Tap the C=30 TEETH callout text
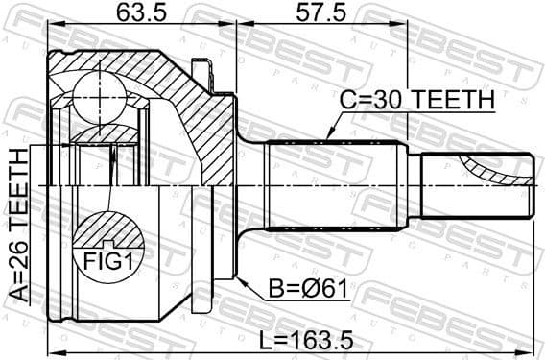[x=417, y=99]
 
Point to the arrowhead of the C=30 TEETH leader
[x=328, y=138]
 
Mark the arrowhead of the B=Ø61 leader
[x=239, y=279]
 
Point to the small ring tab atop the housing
[x=202, y=69]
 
